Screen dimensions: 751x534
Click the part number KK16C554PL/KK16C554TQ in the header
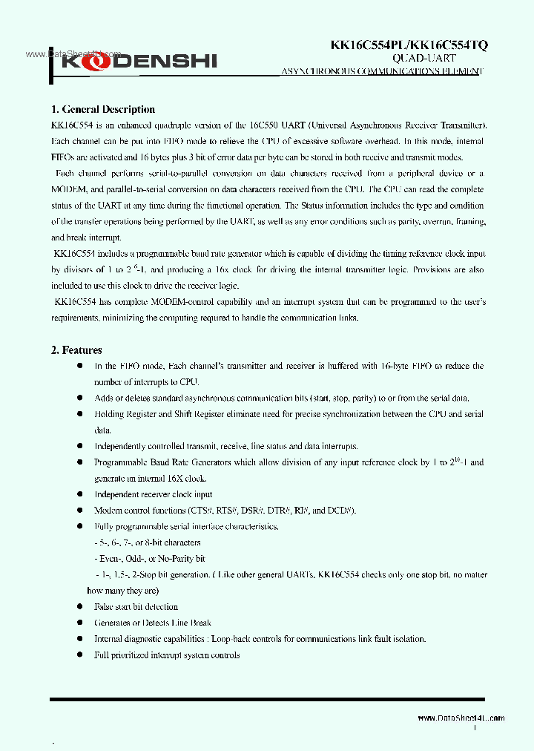click(409, 45)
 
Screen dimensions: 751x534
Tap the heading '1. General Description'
click(102, 109)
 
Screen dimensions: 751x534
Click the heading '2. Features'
click(76, 350)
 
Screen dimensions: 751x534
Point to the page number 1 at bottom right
click(475, 729)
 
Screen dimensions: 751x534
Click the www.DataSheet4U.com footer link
click(461, 718)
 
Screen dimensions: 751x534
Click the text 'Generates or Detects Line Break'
click(153, 623)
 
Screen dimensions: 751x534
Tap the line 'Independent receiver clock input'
click(153, 494)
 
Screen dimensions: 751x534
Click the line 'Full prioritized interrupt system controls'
click(167, 655)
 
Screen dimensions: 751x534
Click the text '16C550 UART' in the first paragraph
click(272, 125)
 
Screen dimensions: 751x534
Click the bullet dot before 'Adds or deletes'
click(80, 398)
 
